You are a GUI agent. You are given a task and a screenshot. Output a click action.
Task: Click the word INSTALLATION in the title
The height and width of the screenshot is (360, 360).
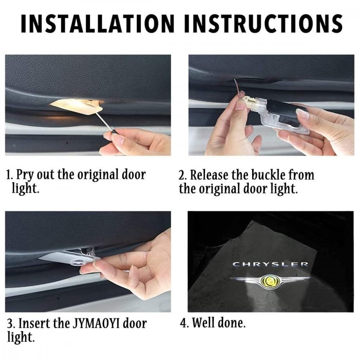(x=98, y=24)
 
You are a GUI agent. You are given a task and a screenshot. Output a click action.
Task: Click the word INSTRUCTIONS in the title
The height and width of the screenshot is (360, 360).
(x=263, y=24)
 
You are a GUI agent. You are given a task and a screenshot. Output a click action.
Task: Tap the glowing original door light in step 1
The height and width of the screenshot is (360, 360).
(x=77, y=106)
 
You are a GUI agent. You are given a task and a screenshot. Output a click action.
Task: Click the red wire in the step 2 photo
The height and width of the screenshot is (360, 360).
(x=238, y=90)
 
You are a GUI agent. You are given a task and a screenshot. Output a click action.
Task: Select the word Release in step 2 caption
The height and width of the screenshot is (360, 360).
(x=210, y=175)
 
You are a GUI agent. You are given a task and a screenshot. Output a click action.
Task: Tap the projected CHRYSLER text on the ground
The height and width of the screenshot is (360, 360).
(x=270, y=264)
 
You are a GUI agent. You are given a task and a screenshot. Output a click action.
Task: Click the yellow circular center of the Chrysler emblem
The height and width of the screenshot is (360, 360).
(x=270, y=280)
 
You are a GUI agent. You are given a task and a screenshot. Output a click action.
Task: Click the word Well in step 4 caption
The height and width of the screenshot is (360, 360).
(x=203, y=323)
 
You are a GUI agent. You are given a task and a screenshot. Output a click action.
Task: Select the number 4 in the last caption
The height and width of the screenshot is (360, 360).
(x=184, y=323)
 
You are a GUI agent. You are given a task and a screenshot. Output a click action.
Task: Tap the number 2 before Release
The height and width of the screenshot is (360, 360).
(x=181, y=176)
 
